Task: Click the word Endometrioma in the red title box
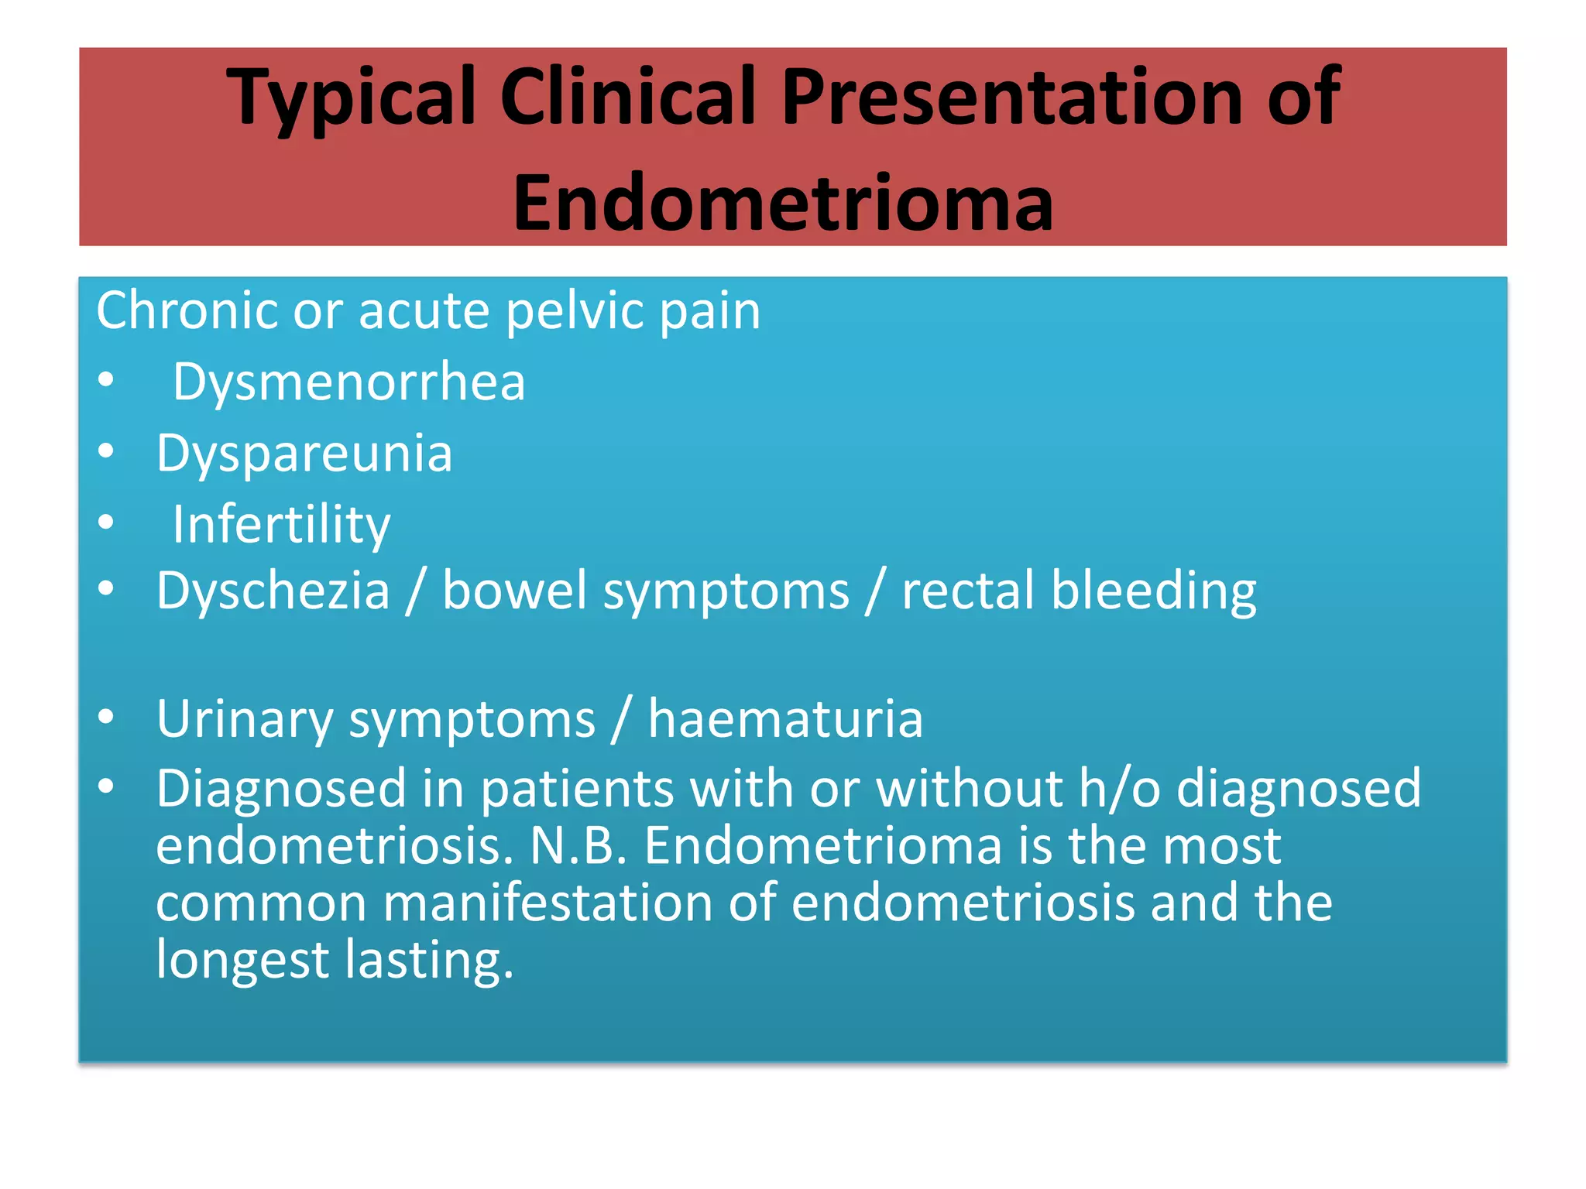click(x=783, y=203)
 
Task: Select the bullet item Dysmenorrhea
click(x=348, y=382)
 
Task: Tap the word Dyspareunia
click(x=304, y=454)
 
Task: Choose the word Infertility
click(x=281, y=526)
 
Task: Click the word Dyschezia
click(x=273, y=591)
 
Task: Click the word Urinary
click(x=244, y=720)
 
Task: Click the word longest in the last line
click(x=242, y=960)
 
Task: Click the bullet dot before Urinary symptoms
click(x=107, y=716)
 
